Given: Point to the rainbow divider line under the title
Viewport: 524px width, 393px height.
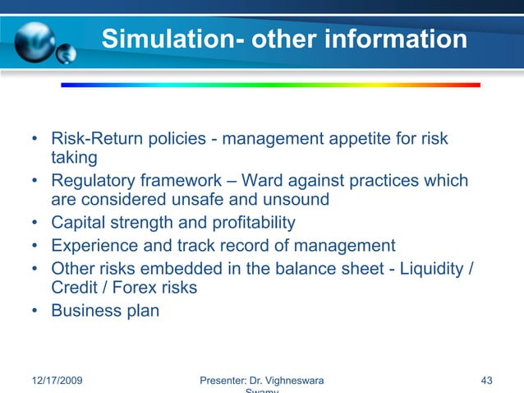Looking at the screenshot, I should click(x=270, y=84).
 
